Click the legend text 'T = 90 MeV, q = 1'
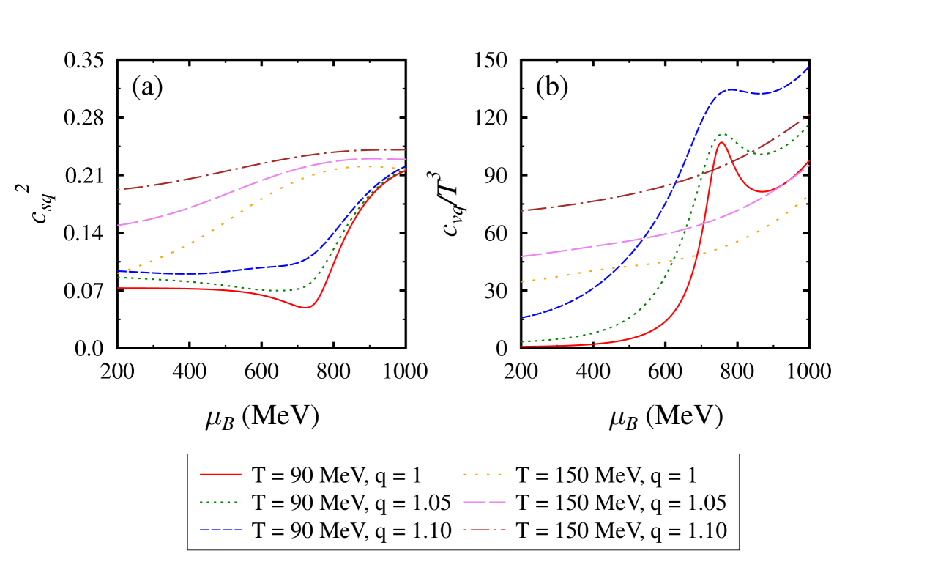point(336,475)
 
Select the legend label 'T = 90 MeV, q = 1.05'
point(349,503)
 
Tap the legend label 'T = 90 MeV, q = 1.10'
point(349,530)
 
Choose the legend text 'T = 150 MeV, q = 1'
point(606,475)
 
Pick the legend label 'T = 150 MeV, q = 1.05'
point(621,503)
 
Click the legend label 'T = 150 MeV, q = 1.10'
point(621,530)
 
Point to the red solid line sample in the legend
point(220,475)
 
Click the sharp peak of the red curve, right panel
point(721,142)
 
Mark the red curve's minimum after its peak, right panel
point(764,192)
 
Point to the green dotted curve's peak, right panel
point(723,134)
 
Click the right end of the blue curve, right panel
point(808,67)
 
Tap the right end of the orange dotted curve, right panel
point(808,196)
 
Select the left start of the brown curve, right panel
point(521,210)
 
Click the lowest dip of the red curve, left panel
point(306,308)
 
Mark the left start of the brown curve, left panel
point(118,190)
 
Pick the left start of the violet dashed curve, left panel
point(118,225)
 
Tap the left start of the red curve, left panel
point(118,288)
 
